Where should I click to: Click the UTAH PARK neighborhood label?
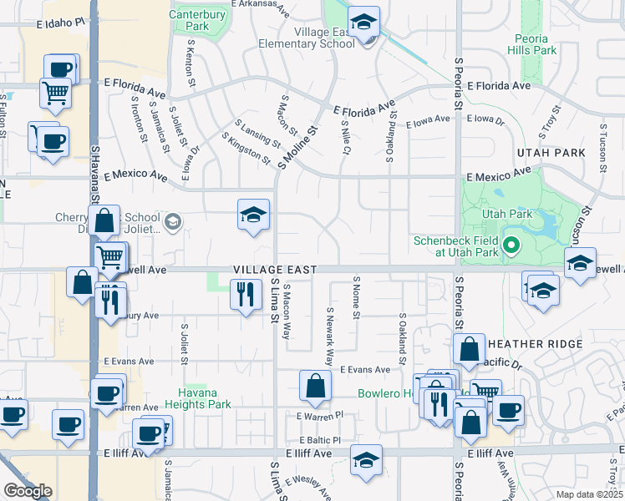[551, 153]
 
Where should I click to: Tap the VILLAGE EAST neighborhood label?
[275, 270]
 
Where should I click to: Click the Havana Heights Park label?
[197, 398]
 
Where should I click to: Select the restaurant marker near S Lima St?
[245, 293]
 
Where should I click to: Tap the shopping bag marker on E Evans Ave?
[315, 387]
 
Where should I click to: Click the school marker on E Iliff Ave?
[366, 460]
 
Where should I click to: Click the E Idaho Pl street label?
[60, 25]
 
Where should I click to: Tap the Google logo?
[28, 491]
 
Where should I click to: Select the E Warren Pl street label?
[319, 415]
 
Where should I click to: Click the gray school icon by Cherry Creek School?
[173, 221]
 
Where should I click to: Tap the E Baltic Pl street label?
[319, 440]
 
